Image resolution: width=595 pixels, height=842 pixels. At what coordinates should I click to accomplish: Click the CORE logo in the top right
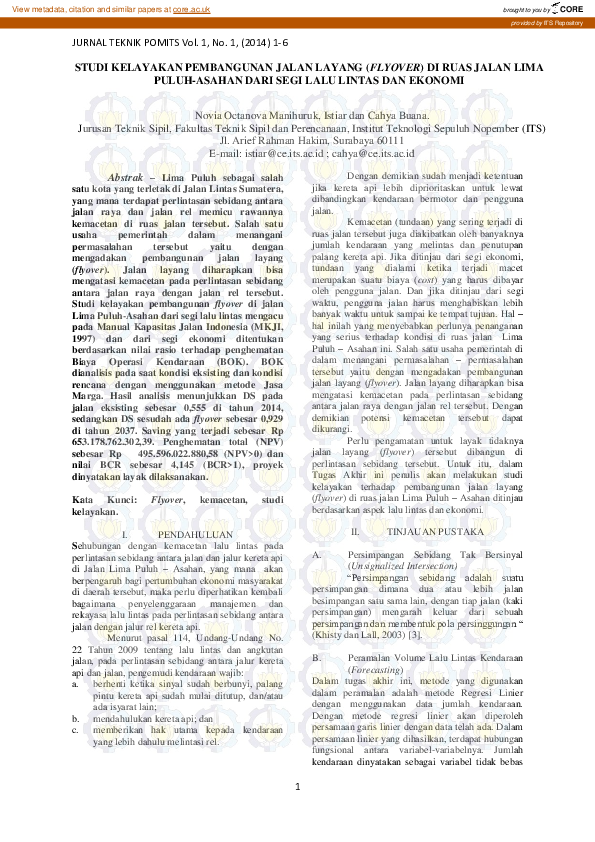pos(565,8)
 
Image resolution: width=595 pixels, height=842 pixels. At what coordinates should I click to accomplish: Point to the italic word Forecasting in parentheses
pos(376,672)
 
